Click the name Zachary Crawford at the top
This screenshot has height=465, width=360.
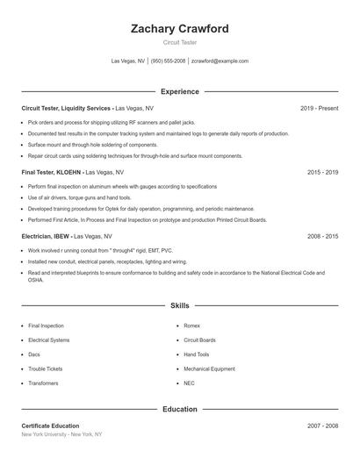pos(179,29)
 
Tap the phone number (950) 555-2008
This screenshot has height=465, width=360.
pos(168,61)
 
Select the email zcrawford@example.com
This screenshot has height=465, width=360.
pos(220,61)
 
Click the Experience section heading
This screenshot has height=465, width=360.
pos(180,91)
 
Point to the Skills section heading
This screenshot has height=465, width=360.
pos(180,306)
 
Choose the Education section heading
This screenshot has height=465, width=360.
pos(180,409)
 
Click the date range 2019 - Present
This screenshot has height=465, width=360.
pos(320,108)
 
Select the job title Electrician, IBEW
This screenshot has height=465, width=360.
pos(46,237)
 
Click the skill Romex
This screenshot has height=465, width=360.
pos(192,325)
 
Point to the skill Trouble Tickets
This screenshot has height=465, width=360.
pos(45,368)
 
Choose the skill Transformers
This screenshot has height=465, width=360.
pos(44,383)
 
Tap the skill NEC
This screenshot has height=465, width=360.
pos(190,383)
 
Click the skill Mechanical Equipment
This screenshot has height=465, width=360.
pos(208,368)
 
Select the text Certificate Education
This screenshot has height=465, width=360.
pos(50,426)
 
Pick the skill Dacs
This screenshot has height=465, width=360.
pos(34,354)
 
